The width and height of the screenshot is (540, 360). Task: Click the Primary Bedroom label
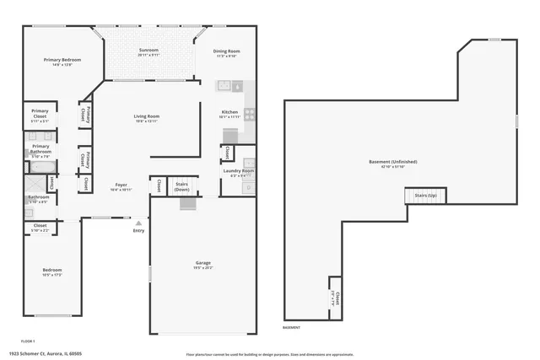[x=63, y=60]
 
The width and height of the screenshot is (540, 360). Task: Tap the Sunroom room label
[x=148, y=51]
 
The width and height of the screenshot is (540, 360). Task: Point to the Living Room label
[x=147, y=116]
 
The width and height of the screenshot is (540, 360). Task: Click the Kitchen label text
[x=229, y=112]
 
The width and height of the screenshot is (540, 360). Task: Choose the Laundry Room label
[x=239, y=171]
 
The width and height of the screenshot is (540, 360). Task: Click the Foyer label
[x=121, y=185]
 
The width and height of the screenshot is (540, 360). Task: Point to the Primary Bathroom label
[x=40, y=148]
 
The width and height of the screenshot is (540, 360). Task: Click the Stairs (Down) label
[x=181, y=185]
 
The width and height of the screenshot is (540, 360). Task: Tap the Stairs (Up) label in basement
[x=426, y=196]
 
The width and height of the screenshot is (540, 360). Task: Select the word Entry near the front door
[x=138, y=231]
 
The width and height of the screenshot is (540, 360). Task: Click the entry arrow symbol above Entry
[x=138, y=223]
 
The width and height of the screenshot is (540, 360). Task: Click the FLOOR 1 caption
[x=28, y=317]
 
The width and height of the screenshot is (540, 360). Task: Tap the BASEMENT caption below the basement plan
[x=292, y=327]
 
